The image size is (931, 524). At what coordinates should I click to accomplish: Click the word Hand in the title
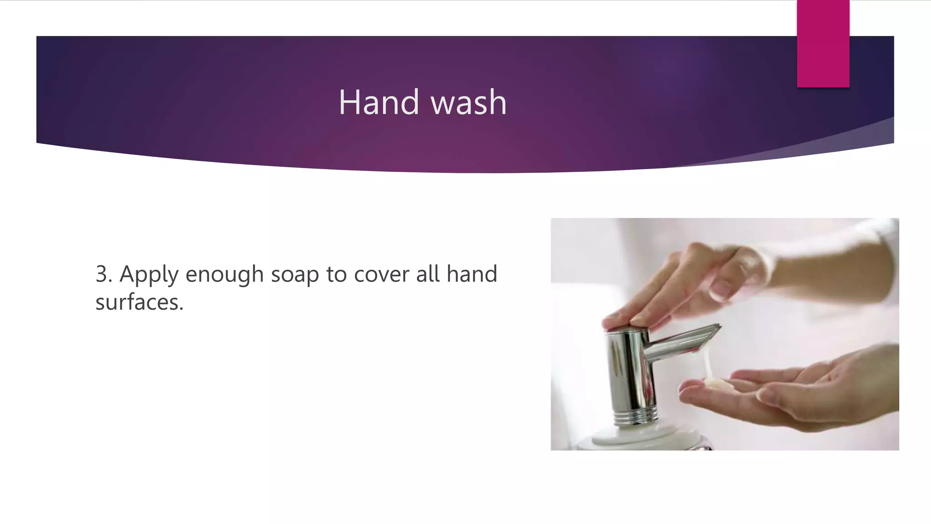(x=378, y=102)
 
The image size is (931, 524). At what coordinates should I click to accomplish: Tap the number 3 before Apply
(x=103, y=274)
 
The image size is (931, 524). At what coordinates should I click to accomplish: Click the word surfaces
(x=139, y=302)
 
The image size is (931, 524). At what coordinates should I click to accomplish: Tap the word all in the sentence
(x=428, y=274)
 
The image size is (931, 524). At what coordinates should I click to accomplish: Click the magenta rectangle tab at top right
(x=823, y=44)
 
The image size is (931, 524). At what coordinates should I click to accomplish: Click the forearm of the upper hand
(x=841, y=264)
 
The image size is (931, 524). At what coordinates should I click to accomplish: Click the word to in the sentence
(x=336, y=274)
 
